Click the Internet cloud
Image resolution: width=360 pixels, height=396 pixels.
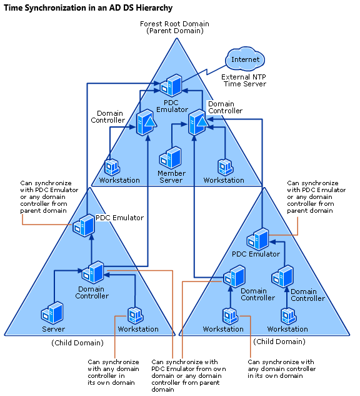tap(245, 59)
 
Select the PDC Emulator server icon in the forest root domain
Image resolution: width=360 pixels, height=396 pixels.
tap(171, 85)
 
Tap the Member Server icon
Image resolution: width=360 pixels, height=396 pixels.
tap(171, 158)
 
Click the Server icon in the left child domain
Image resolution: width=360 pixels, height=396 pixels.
tap(52, 313)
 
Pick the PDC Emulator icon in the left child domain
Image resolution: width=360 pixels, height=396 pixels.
tap(84, 225)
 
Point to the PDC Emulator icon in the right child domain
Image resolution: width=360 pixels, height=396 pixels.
tap(258, 239)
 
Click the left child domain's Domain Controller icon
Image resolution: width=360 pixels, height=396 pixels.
tap(93, 272)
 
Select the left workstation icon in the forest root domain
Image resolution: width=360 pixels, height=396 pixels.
tap(112, 167)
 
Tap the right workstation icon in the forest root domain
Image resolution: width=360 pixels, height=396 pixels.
tap(226, 167)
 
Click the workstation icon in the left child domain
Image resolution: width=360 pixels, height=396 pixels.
tap(136, 315)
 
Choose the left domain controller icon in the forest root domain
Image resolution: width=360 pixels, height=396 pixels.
tap(146, 123)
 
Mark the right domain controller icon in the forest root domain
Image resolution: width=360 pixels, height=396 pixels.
tap(199, 123)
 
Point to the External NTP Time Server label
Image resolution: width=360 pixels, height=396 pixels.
tap(244, 80)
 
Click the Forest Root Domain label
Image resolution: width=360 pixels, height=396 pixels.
tap(174, 24)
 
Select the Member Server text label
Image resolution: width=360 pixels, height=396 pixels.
tap(171, 176)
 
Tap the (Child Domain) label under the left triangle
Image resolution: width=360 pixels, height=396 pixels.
tap(77, 343)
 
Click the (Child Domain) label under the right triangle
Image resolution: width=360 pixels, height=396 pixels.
tap(279, 342)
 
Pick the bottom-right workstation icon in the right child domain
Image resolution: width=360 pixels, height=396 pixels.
tap(289, 316)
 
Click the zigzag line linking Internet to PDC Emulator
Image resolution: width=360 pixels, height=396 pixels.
tap(204, 74)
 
